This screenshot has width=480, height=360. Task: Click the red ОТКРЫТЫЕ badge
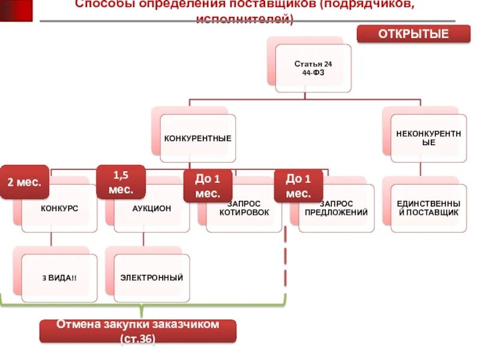coord(413,34)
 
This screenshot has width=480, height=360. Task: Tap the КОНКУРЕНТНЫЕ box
coord(198,139)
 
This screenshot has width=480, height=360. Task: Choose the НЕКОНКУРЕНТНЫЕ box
coord(428,139)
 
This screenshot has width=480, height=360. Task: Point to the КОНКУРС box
coord(59,209)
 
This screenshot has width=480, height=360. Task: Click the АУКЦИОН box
coord(151,209)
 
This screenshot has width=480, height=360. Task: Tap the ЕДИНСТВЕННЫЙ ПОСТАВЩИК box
coord(428,209)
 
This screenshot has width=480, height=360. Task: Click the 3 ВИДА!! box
coord(59,278)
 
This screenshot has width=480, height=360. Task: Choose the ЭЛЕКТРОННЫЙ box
coord(151,278)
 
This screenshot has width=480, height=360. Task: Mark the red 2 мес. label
coord(24,182)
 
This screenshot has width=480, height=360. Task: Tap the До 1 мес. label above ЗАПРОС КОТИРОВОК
coord(208,186)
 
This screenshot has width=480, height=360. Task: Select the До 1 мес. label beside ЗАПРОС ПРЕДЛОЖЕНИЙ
coord(298,186)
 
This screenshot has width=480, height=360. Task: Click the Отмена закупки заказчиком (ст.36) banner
coord(138,331)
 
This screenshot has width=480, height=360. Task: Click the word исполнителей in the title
coord(245,19)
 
